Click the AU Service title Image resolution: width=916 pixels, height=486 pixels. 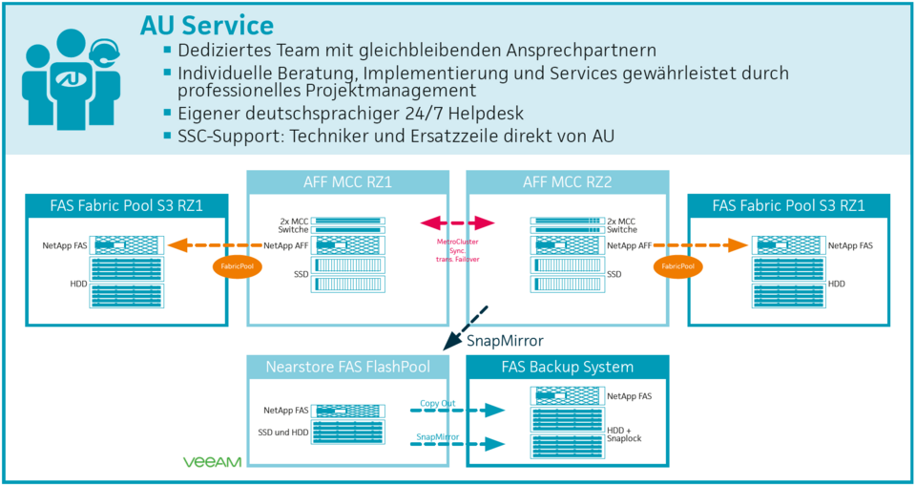(206, 25)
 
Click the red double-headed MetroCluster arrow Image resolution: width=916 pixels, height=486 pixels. (458, 223)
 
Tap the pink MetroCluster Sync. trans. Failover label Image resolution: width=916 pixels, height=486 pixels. (458, 249)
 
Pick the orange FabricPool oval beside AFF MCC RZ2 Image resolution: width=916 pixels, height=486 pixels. (677, 266)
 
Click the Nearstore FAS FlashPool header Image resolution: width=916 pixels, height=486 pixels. (347, 367)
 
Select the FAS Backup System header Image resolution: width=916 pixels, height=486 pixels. (567, 367)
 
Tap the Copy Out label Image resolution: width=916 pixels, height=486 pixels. (438, 402)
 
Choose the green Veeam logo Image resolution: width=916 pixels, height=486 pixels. (212, 462)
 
